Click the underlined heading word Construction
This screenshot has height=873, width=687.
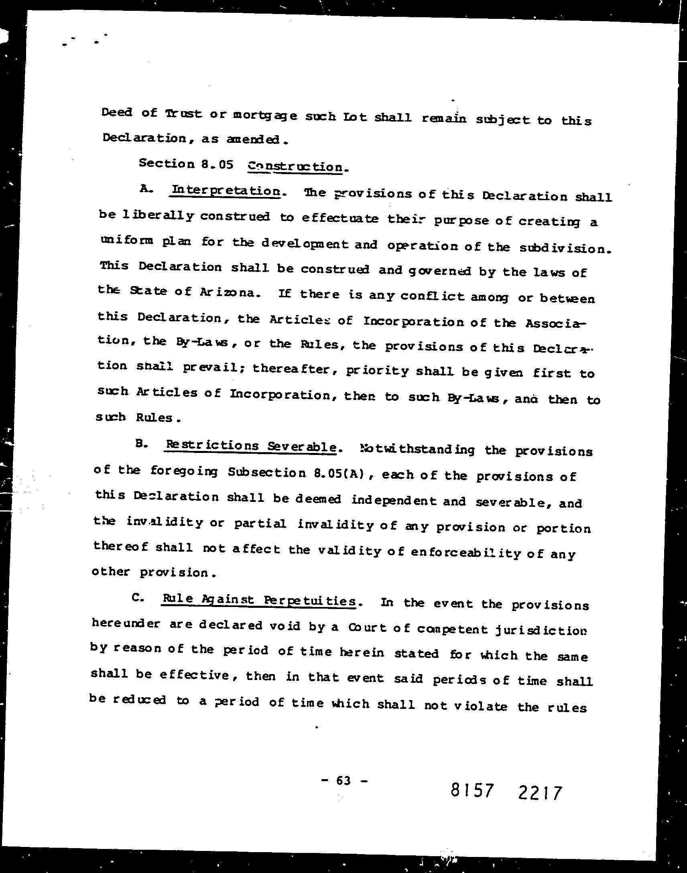point(295,167)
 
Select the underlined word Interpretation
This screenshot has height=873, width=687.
point(225,191)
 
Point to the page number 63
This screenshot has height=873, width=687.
point(343,781)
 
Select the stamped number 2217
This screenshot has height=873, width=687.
point(540,793)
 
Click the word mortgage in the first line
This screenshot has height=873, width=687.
point(265,116)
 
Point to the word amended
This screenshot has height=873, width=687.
point(255,140)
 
